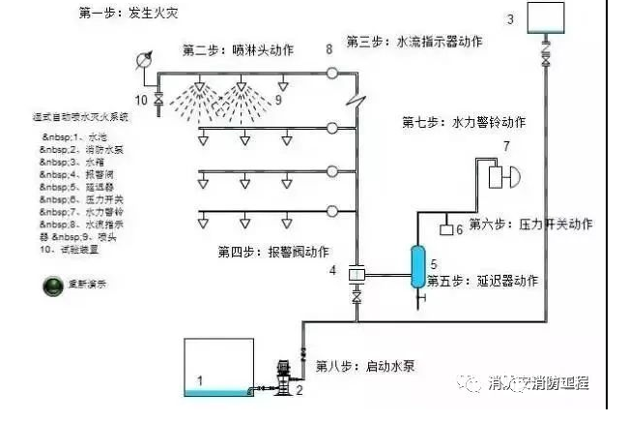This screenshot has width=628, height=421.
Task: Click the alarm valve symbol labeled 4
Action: pos(355,277)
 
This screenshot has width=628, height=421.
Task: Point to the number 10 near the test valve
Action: pos(140,99)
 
